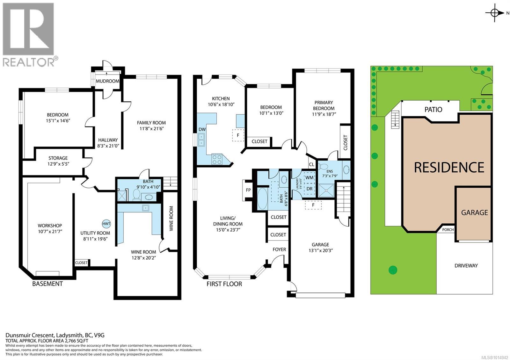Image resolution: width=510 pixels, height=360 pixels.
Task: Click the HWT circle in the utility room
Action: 106,224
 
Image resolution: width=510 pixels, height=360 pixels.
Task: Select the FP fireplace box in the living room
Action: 248,190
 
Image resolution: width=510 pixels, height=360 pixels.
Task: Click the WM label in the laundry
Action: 309,177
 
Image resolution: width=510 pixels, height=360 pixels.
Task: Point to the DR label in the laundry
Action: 309,189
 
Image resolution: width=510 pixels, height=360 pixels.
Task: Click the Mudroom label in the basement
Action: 108,81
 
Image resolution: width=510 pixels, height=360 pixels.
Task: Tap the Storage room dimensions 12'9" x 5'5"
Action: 58,164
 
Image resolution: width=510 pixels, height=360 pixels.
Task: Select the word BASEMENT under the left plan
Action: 47,284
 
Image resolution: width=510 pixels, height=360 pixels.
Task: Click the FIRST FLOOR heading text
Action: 224,284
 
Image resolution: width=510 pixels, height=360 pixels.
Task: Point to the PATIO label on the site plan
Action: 433,110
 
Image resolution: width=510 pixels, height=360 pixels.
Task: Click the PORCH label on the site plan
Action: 448,230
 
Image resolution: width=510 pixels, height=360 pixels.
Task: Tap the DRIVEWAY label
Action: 466,266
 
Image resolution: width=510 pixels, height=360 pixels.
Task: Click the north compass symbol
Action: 495,13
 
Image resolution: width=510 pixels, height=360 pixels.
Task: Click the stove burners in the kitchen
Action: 217,159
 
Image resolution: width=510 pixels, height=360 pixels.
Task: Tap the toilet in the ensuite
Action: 324,167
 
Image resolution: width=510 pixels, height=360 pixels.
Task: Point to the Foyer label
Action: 279,249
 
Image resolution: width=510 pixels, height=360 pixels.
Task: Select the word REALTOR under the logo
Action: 28,62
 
